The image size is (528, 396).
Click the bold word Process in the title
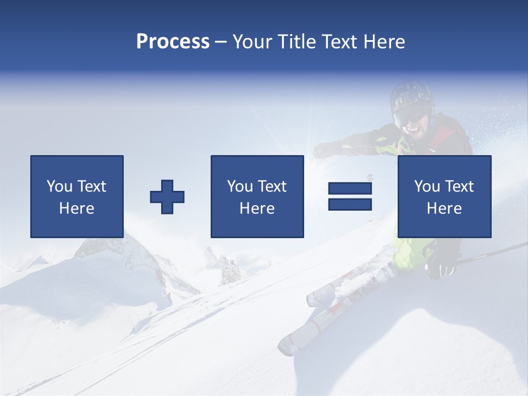pyautogui.click(x=173, y=41)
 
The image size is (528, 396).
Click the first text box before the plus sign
pyautogui.click(x=77, y=196)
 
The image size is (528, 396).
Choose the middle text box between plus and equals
pyautogui.click(x=257, y=196)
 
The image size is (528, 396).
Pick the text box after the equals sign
pyautogui.click(x=444, y=196)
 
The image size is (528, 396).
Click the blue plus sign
pyautogui.click(x=167, y=196)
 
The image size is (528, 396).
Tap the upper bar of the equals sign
pyautogui.click(x=350, y=189)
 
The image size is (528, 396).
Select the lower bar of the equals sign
pyautogui.click(x=350, y=205)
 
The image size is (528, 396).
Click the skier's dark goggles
pyautogui.click(x=410, y=116)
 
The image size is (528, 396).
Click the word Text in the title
pyautogui.click(x=337, y=41)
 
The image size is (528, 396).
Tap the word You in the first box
pyautogui.click(x=59, y=186)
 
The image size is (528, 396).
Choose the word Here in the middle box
pyautogui.click(x=257, y=208)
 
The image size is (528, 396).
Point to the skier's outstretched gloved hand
pyautogui.click(x=326, y=149)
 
